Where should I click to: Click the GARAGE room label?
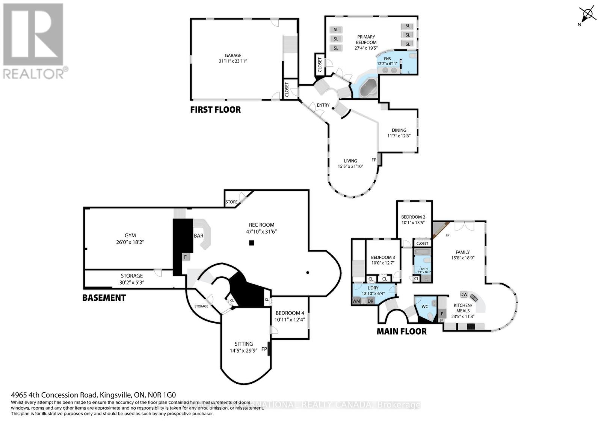(233, 55)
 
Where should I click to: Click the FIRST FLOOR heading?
(215, 110)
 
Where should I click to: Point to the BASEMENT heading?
(104, 298)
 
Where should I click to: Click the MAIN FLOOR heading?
(402, 332)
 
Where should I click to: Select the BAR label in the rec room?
(198, 236)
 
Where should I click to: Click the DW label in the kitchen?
(464, 294)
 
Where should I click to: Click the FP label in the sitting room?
(264, 349)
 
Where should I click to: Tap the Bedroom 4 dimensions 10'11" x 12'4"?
(290, 320)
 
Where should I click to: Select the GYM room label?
(130, 235)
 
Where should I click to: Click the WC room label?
(424, 306)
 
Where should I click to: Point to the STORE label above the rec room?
(231, 202)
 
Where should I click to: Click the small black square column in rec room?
(252, 243)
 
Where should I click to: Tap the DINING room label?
(399, 130)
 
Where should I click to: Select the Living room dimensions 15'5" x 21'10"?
(350, 166)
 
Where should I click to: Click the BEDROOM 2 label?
(413, 217)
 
